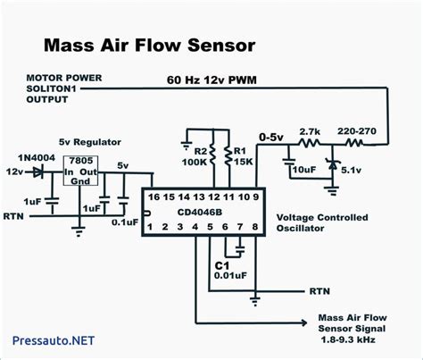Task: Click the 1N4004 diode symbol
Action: click(37, 172)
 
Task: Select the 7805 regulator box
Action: click(80, 171)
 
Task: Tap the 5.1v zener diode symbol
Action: click(332, 164)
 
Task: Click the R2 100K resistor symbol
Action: click(213, 155)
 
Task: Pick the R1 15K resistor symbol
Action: click(229, 155)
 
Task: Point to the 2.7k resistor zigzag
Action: click(310, 144)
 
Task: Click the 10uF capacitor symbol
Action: click(288, 162)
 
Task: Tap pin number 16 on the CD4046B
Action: click(153, 197)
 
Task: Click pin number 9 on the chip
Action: click(255, 197)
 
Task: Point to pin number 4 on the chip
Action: click(195, 227)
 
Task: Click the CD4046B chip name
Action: click(200, 213)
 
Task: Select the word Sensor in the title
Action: click(221, 46)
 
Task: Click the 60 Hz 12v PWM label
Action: click(211, 80)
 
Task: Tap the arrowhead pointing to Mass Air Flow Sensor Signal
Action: click(304, 322)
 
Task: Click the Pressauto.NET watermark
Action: click(54, 340)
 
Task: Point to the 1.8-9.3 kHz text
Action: click(348, 339)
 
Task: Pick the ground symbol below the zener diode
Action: click(332, 190)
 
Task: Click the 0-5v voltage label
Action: click(271, 138)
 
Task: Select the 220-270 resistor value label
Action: click(357, 131)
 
